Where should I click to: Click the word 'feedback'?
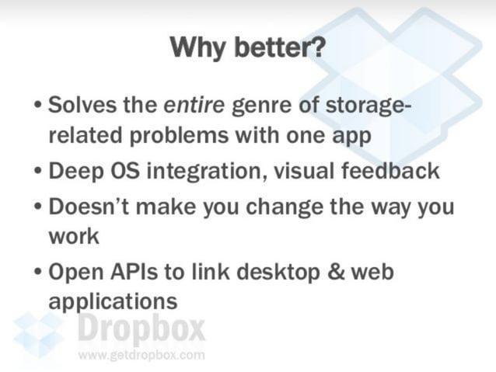click(394, 171)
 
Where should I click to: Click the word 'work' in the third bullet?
click(73, 236)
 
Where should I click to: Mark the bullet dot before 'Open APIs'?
click(38, 273)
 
